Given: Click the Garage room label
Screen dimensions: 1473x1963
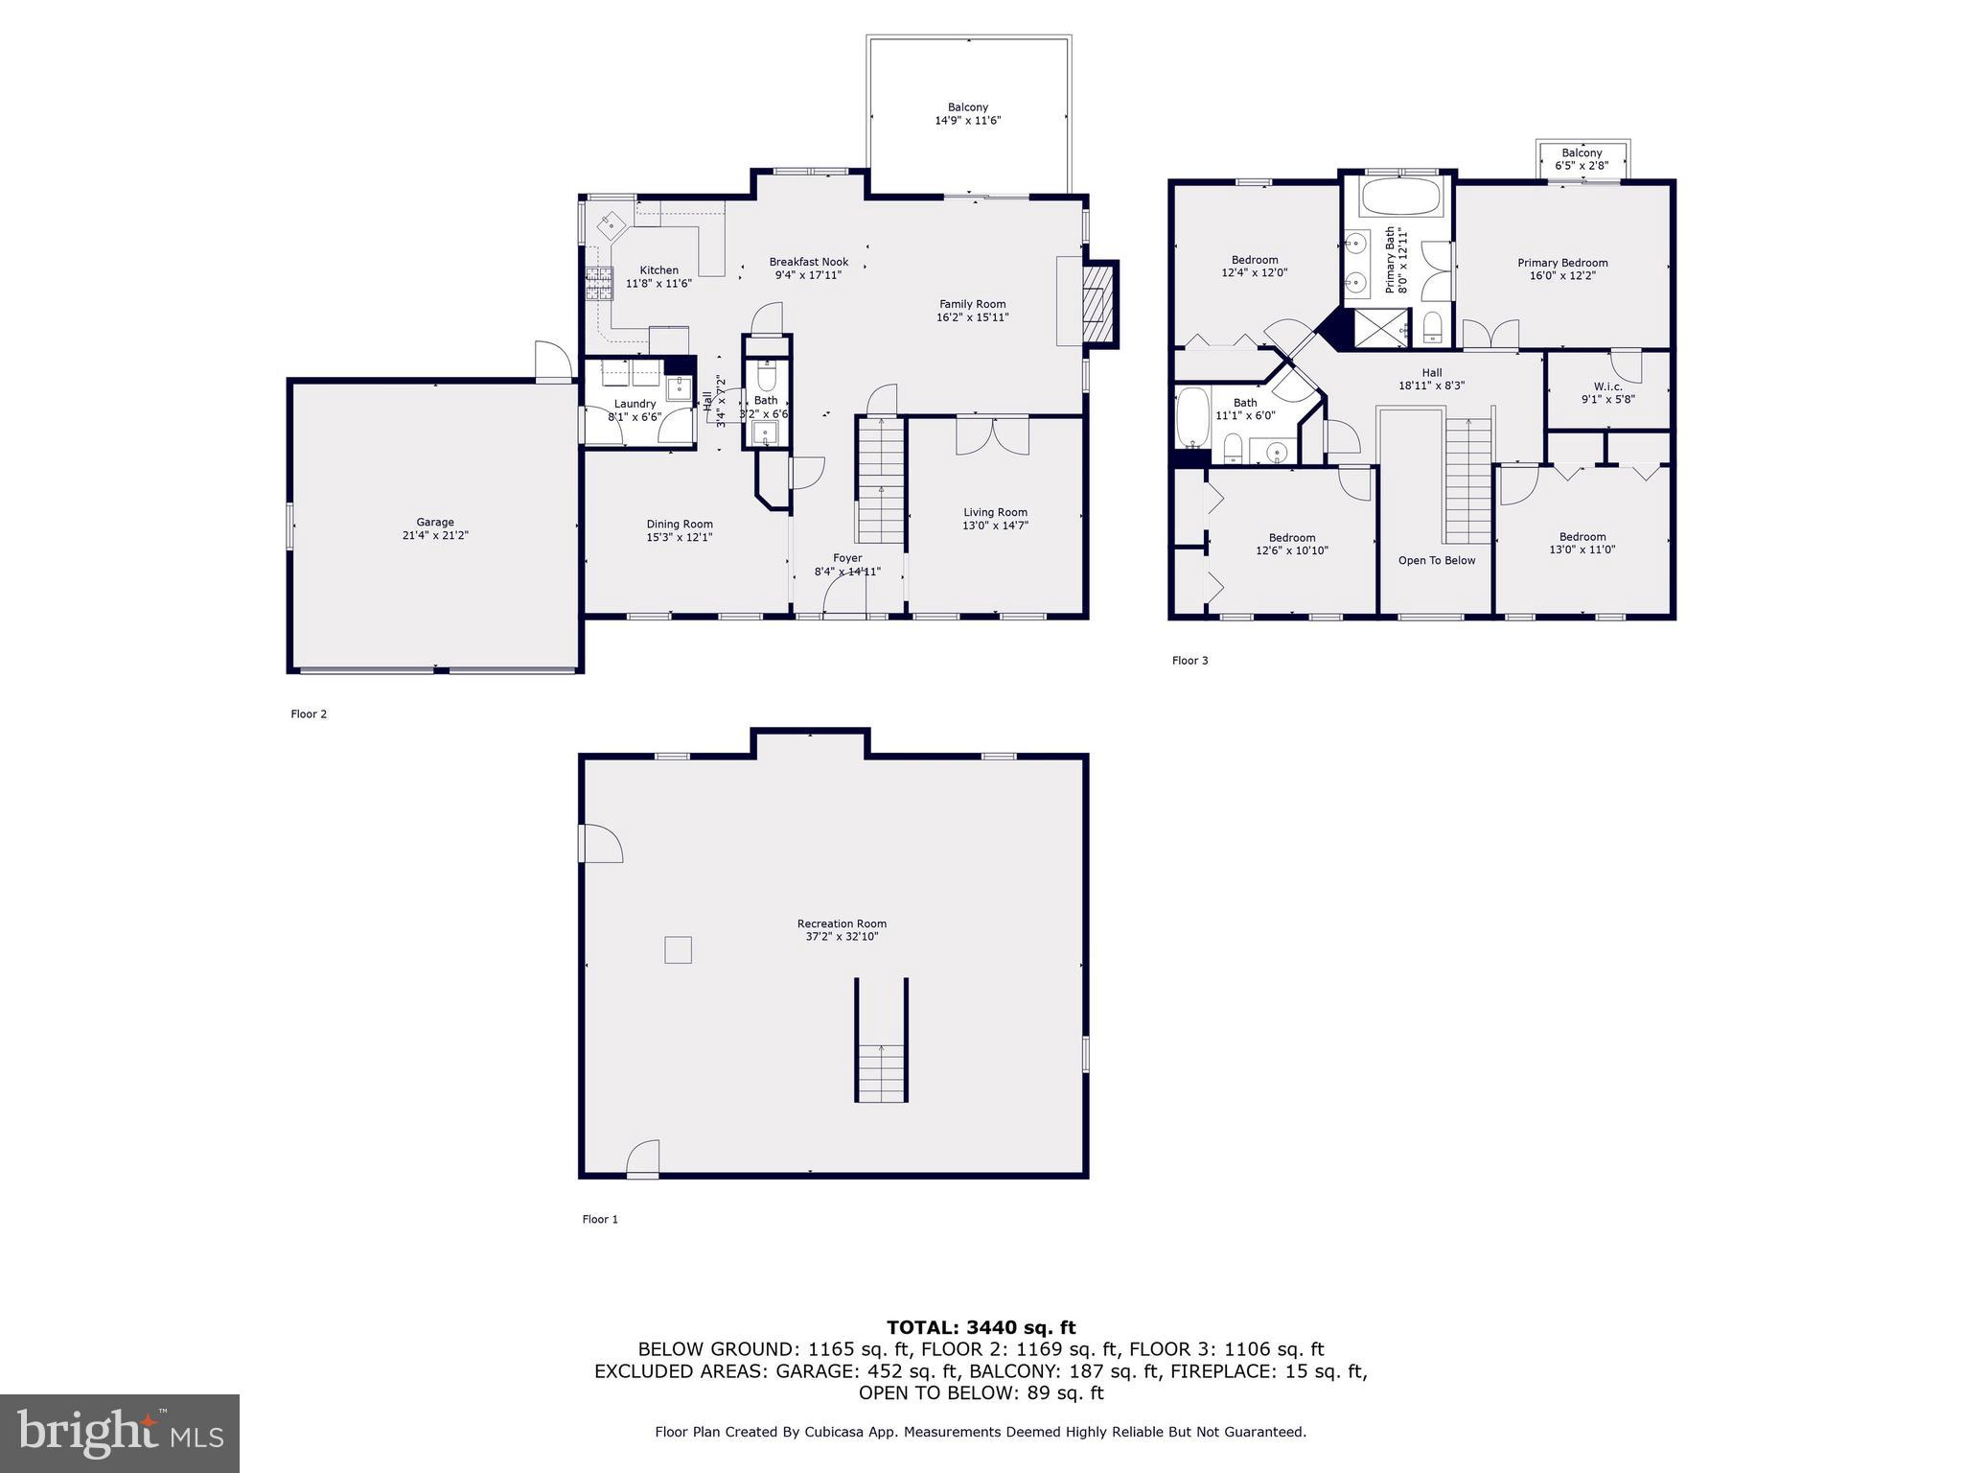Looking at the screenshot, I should [x=435, y=523].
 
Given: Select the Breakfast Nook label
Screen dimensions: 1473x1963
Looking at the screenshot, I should [x=809, y=262].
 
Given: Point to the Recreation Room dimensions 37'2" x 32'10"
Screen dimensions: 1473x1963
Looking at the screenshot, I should [x=842, y=937].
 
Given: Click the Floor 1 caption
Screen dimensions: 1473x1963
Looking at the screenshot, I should [x=600, y=1220].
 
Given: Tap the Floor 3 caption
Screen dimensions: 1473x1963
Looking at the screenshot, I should [x=1189, y=661].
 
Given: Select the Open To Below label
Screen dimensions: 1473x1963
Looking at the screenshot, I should [x=1436, y=560].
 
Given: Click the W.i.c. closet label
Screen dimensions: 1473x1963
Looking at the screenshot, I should [x=1608, y=387].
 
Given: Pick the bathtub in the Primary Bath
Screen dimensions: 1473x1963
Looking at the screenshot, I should [x=1399, y=199].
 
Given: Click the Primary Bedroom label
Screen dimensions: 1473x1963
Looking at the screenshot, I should [x=1562, y=263].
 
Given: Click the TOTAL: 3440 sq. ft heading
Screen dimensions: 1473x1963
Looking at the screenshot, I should [x=981, y=1327].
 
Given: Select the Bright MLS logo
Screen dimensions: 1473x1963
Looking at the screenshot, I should [x=120, y=1433].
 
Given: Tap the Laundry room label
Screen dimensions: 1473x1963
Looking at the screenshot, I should [x=635, y=404].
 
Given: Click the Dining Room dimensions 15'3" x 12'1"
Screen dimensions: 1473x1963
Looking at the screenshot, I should [x=680, y=537].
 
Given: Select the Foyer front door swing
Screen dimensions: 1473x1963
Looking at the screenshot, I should [x=843, y=600].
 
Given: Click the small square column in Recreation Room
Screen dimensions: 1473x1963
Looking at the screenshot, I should [x=678, y=949].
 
